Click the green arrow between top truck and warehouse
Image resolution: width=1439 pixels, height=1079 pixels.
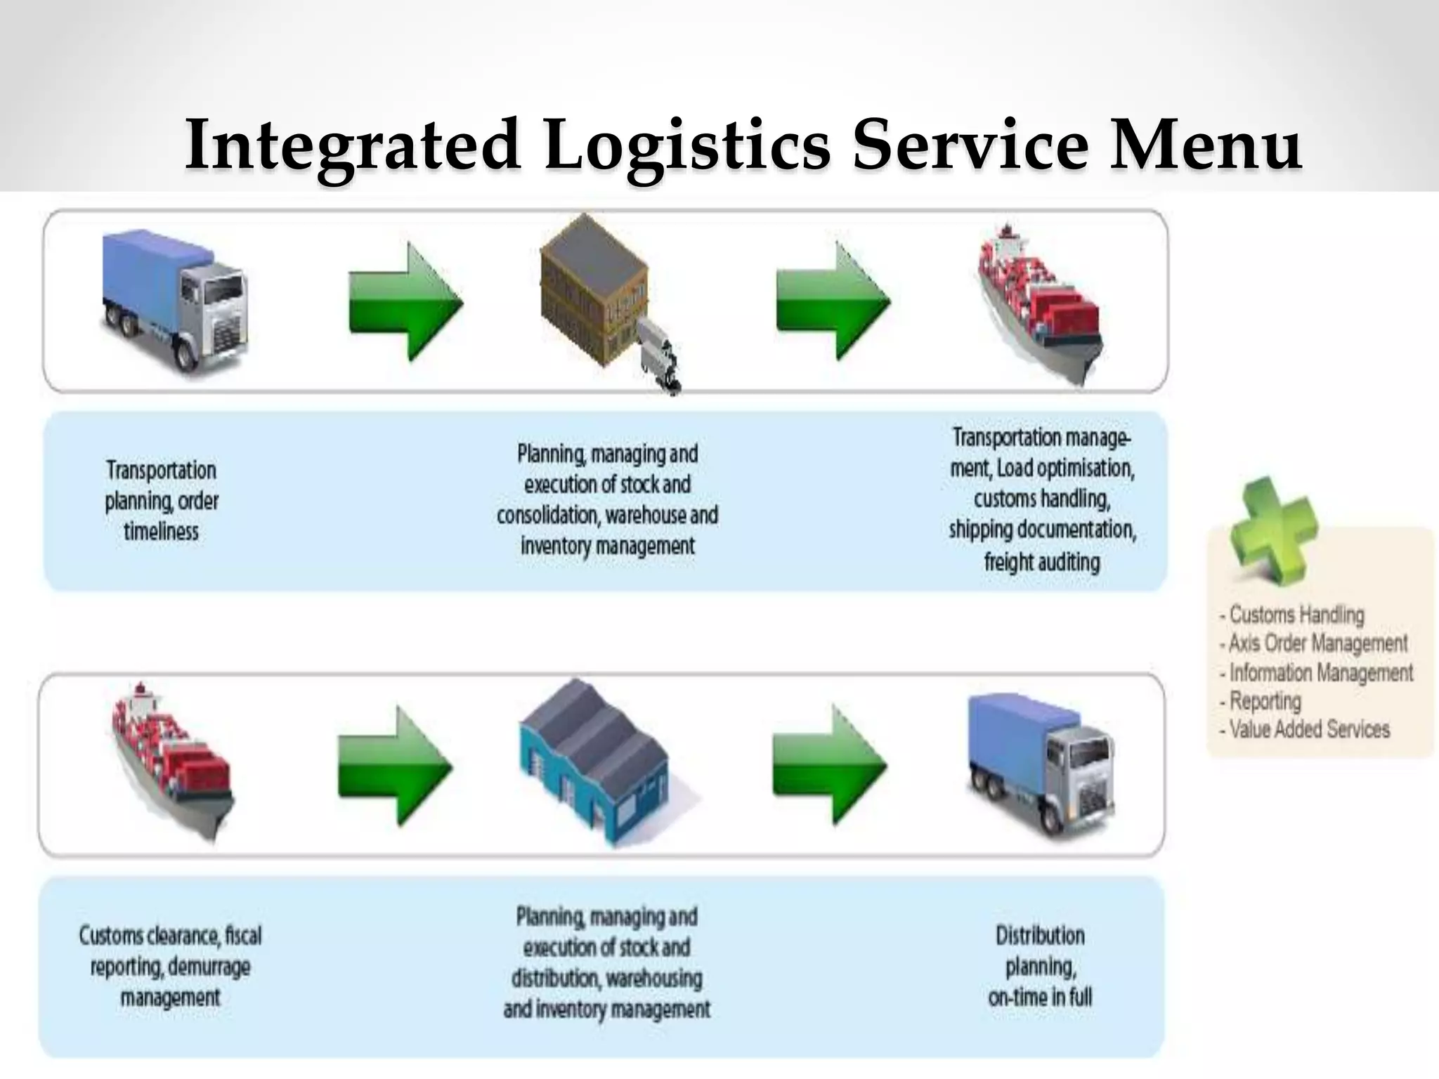405,301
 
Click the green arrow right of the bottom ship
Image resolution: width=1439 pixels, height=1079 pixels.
395,765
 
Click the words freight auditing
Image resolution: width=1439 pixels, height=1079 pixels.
1041,561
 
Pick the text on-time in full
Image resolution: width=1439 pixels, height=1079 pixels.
1040,997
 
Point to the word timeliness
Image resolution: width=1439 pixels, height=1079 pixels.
161,531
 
